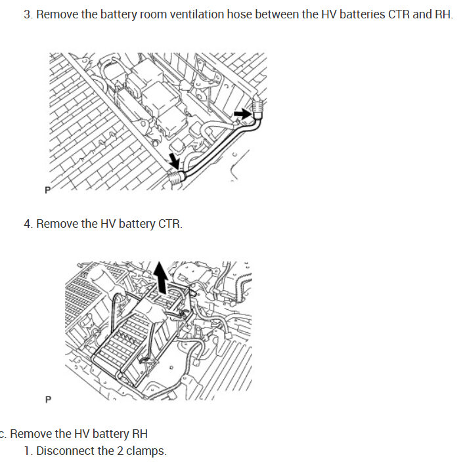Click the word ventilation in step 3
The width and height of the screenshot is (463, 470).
[196, 14]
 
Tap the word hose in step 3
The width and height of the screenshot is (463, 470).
[239, 14]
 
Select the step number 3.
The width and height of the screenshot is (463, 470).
[28, 14]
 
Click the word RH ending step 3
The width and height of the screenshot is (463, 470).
[443, 14]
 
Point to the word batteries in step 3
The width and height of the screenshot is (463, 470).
[362, 14]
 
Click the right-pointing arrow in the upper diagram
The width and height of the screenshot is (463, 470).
[242, 114]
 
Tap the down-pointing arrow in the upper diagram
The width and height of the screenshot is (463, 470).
[174, 161]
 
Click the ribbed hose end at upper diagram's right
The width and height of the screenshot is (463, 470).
[257, 106]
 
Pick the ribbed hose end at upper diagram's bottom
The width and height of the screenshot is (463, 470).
[177, 179]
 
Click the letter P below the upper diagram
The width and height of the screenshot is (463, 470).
[47, 190]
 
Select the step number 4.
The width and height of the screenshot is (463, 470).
[28, 224]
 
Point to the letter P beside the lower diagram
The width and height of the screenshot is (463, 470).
[48, 400]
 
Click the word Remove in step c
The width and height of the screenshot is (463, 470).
[30, 434]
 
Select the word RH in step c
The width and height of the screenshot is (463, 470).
[140, 434]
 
